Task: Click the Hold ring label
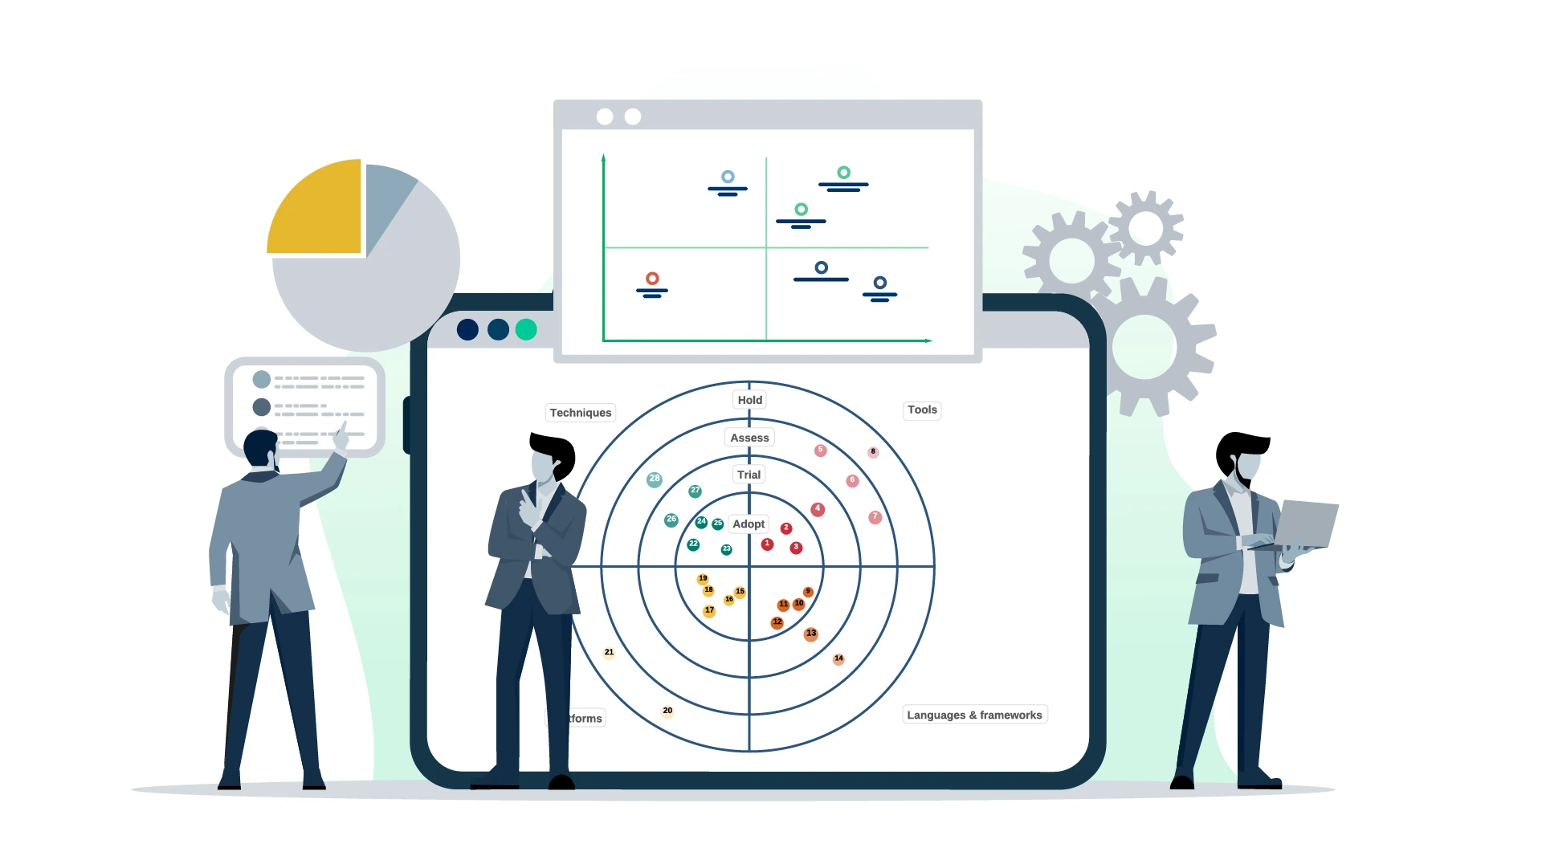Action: click(750, 400)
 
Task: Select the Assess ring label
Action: click(749, 438)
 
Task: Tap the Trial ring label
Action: click(749, 475)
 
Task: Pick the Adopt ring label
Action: click(749, 524)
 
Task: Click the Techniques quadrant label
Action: click(581, 413)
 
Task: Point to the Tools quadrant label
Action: click(922, 410)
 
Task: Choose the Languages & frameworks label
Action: click(974, 715)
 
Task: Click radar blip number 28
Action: click(655, 479)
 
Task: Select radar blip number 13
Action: click(811, 634)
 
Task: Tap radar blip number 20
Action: click(667, 711)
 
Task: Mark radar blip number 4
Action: click(818, 509)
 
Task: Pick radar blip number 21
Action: click(609, 652)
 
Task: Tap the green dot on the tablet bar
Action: click(526, 329)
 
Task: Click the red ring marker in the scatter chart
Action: click(652, 279)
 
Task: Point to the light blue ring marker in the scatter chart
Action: click(728, 177)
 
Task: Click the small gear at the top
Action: click(1146, 228)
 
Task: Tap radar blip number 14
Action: click(838, 658)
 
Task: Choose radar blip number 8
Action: click(873, 452)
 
